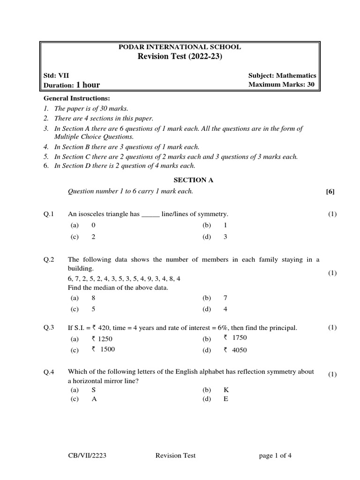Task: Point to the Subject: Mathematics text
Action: tap(282, 75)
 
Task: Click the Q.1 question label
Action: tap(49, 214)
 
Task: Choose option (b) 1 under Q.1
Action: tap(225, 225)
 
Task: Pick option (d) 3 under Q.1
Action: tap(225, 237)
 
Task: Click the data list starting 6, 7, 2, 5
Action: tap(124, 278)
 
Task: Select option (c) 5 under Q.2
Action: tap(93, 309)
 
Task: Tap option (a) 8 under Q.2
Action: tap(93, 298)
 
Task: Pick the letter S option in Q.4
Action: tap(93, 390)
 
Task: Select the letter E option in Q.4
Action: tap(225, 399)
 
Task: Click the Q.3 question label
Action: tap(49, 328)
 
